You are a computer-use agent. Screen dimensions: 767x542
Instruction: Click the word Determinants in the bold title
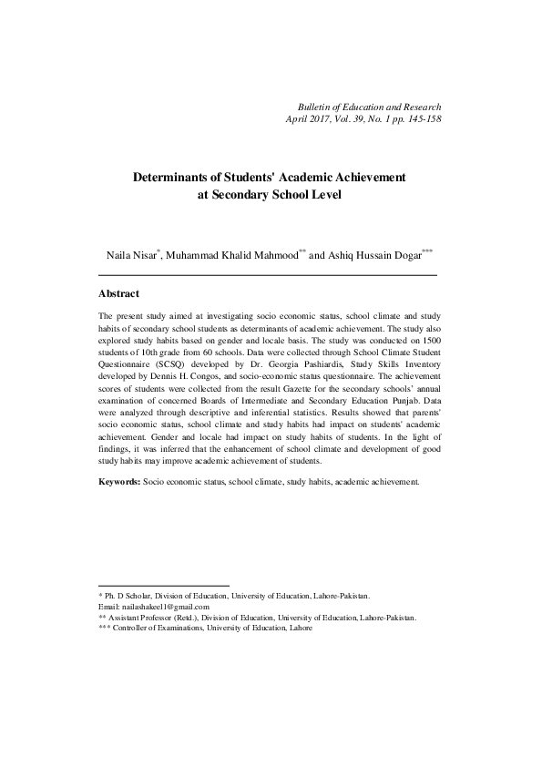(x=177, y=176)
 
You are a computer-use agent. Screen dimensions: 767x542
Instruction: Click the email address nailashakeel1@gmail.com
(x=165, y=607)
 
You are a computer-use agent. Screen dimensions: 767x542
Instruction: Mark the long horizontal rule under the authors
(x=267, y=274)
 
